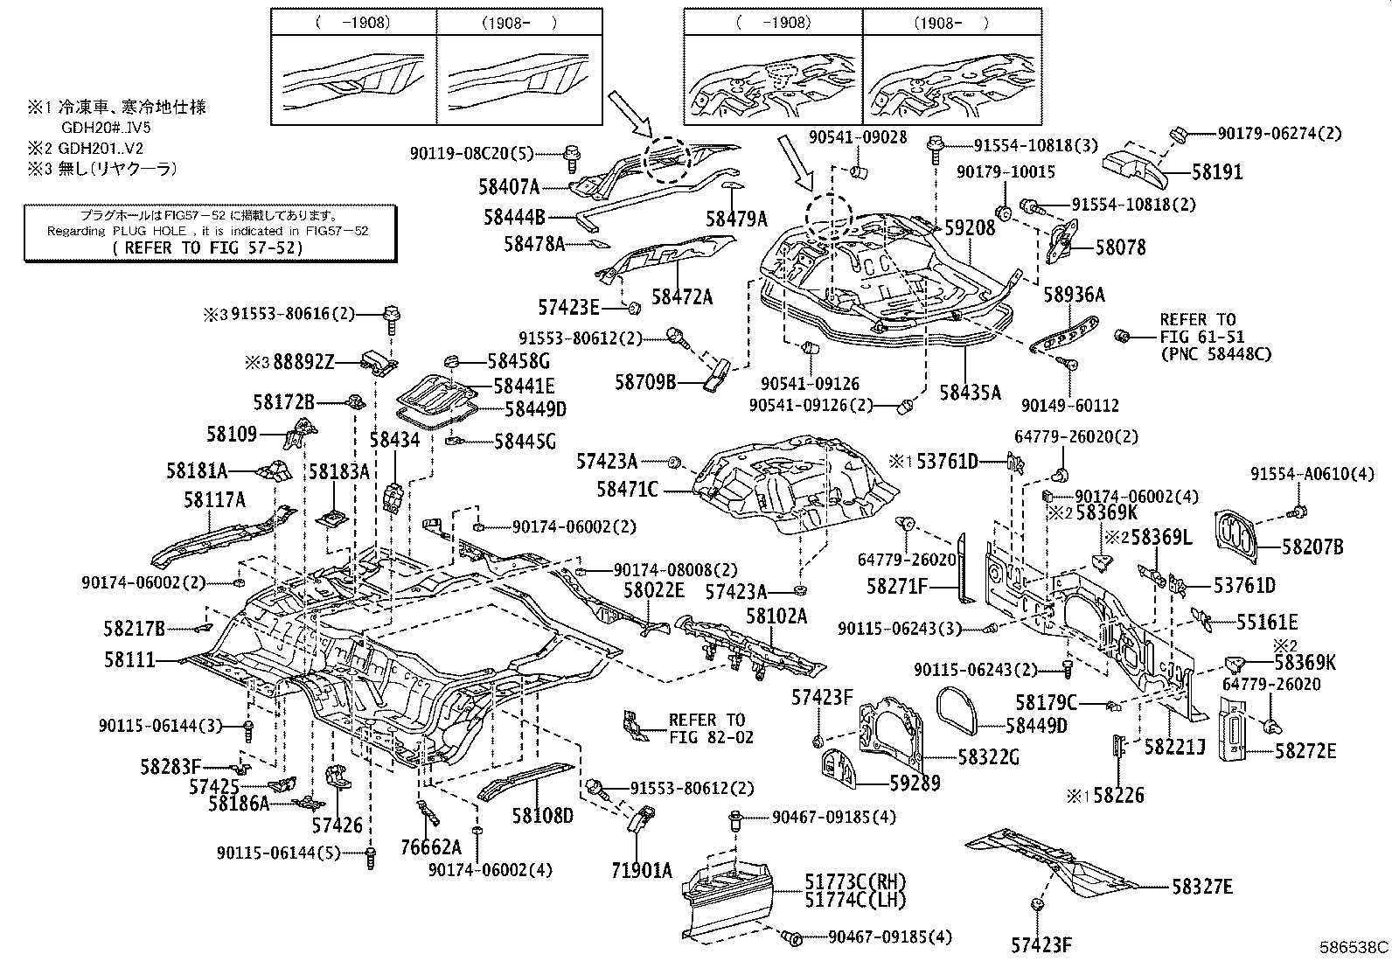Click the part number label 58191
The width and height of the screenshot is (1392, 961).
point(1217,173)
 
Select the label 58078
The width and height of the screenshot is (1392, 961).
point(1122,248)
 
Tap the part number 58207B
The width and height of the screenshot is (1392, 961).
point(1312,548)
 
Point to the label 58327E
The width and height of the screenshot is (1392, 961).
point(1202,887)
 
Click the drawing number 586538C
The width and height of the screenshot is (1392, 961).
point(1354,947)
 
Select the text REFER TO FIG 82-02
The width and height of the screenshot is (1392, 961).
point(706,728)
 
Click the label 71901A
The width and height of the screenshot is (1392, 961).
point(641,870)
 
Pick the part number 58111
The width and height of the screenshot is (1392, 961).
point(130,660)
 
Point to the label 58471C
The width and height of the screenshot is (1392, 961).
point(628,489)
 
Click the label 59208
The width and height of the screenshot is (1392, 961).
point(971,228)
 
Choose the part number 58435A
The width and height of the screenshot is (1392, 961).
point(970,393)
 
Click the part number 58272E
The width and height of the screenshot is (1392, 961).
point(1305,750)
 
